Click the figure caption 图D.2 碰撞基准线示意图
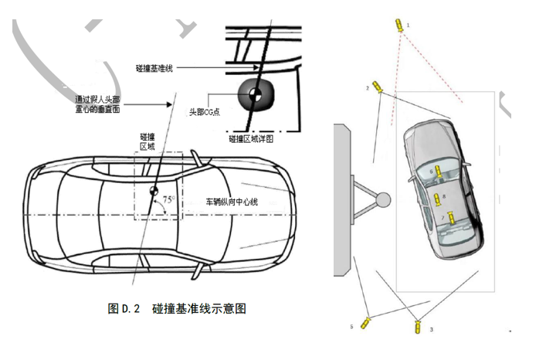(x=177, y=308)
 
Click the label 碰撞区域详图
(x=251, y=138)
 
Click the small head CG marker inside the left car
(x=153, y=189)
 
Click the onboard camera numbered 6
(x=439, y=172)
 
